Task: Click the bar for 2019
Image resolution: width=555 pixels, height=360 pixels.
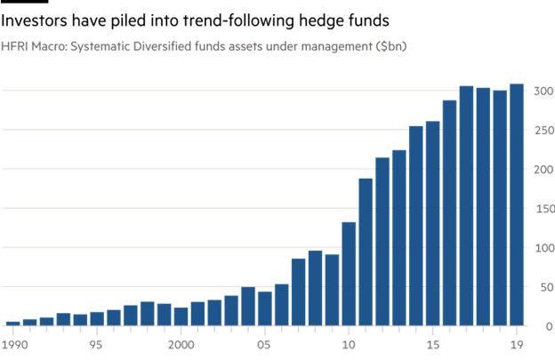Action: tap(516, 205)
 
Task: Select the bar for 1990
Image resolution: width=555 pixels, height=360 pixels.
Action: tap(12, 324)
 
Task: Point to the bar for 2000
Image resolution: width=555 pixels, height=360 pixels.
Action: tap(181, 316)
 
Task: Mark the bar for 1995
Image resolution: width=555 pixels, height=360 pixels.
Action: tap(97, 318)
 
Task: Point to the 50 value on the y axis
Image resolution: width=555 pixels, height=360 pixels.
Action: tap(543, 287)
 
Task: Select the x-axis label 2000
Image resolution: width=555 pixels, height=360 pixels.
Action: tap(181, 344)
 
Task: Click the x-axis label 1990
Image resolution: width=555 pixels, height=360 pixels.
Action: tap(14, 344)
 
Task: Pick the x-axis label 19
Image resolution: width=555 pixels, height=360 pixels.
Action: tap(516, 344)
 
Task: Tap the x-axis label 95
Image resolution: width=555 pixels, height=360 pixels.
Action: tap(97, 344)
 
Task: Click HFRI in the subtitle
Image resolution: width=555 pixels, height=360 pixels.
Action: tap(14, 44)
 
